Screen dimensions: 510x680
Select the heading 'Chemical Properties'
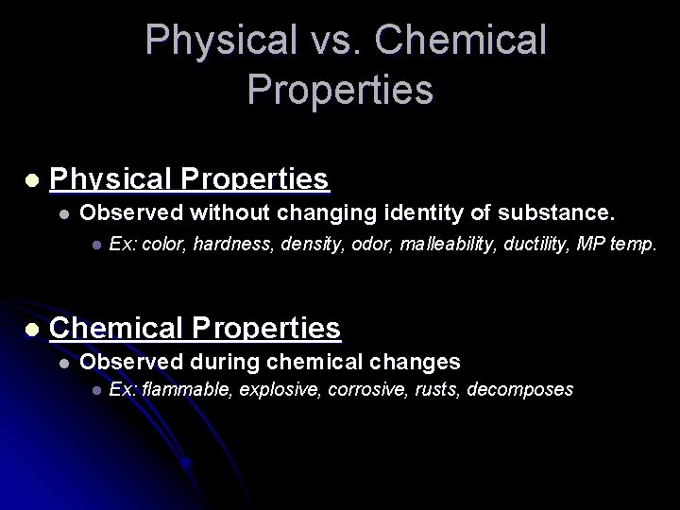(x=195, y=328)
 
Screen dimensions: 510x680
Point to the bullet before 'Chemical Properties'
(x=32, y=329)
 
